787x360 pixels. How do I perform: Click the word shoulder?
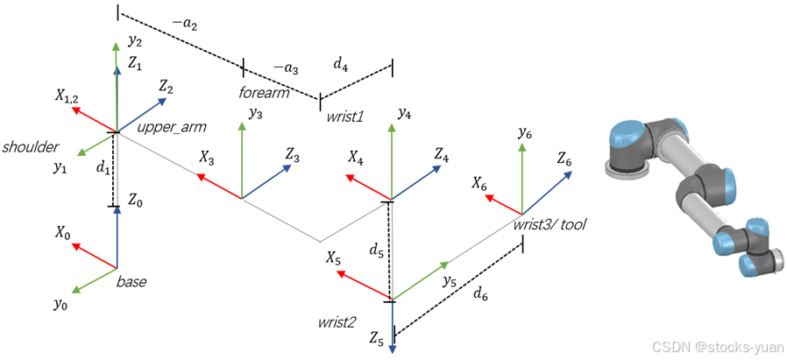(x=30, y=145)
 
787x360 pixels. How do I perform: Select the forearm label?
(x=264, y=92)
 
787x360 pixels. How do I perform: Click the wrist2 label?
(x=337, y=322)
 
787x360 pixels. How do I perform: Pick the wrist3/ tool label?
(x=549, y=225)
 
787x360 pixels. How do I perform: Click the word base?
(x=131, y=282)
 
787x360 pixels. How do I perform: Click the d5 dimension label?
(x=375, y=251)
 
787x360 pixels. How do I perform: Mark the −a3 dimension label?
(x=285, y=67)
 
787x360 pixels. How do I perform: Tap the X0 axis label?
(x=63, y=233)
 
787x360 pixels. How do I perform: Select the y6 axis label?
(x=525, y=133)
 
